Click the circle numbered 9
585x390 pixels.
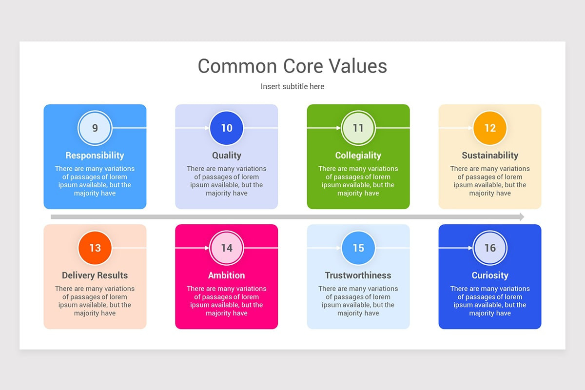[x=95, y=128]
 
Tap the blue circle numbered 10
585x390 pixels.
[x=227, y=128]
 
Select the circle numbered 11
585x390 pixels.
[x=358, y=128]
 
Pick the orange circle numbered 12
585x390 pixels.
[x=490, y=128]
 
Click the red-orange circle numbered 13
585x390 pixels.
[x=95, y=248]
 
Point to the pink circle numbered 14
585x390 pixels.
[x=227, y=248]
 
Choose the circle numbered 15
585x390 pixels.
[x=358, y=248]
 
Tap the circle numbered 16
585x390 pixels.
[x=490, y=248]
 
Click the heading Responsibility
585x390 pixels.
[x=95, y=156]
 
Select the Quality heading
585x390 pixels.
[x=227, y=156]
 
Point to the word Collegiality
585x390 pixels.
[x=358, y=156]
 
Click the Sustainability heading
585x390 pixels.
[x=490, y=156]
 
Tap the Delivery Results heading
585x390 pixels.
[x=95, y=275]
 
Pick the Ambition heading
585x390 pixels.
[x=227, y=275]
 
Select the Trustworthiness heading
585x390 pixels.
[x=358, y=275]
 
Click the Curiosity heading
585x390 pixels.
[x=490, y=275]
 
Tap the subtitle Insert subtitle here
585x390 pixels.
[x=292, y=87]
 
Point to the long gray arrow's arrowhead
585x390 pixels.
[x=522, y=217]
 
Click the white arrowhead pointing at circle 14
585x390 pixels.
[x=207, y=248]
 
